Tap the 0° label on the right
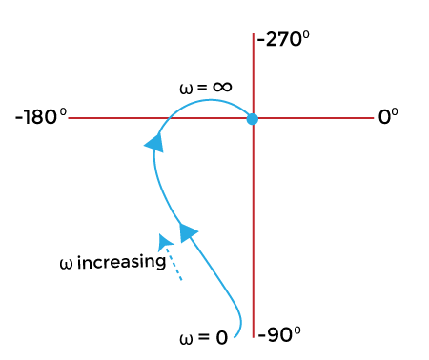388,117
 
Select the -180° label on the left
41,117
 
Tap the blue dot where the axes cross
253,119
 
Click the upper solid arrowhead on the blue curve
153,143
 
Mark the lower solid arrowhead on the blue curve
188,230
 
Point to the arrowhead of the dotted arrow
165,241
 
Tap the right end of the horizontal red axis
373,119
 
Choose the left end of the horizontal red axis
71,119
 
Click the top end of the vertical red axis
253,34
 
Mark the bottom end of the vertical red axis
253,338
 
